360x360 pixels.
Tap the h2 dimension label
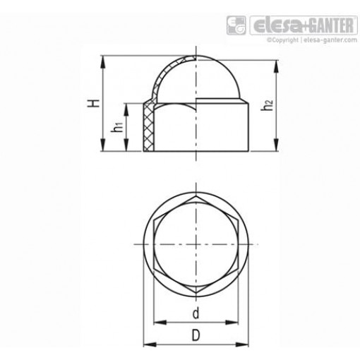266,105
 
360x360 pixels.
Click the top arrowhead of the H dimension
104,58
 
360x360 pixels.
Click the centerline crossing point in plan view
195,244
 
